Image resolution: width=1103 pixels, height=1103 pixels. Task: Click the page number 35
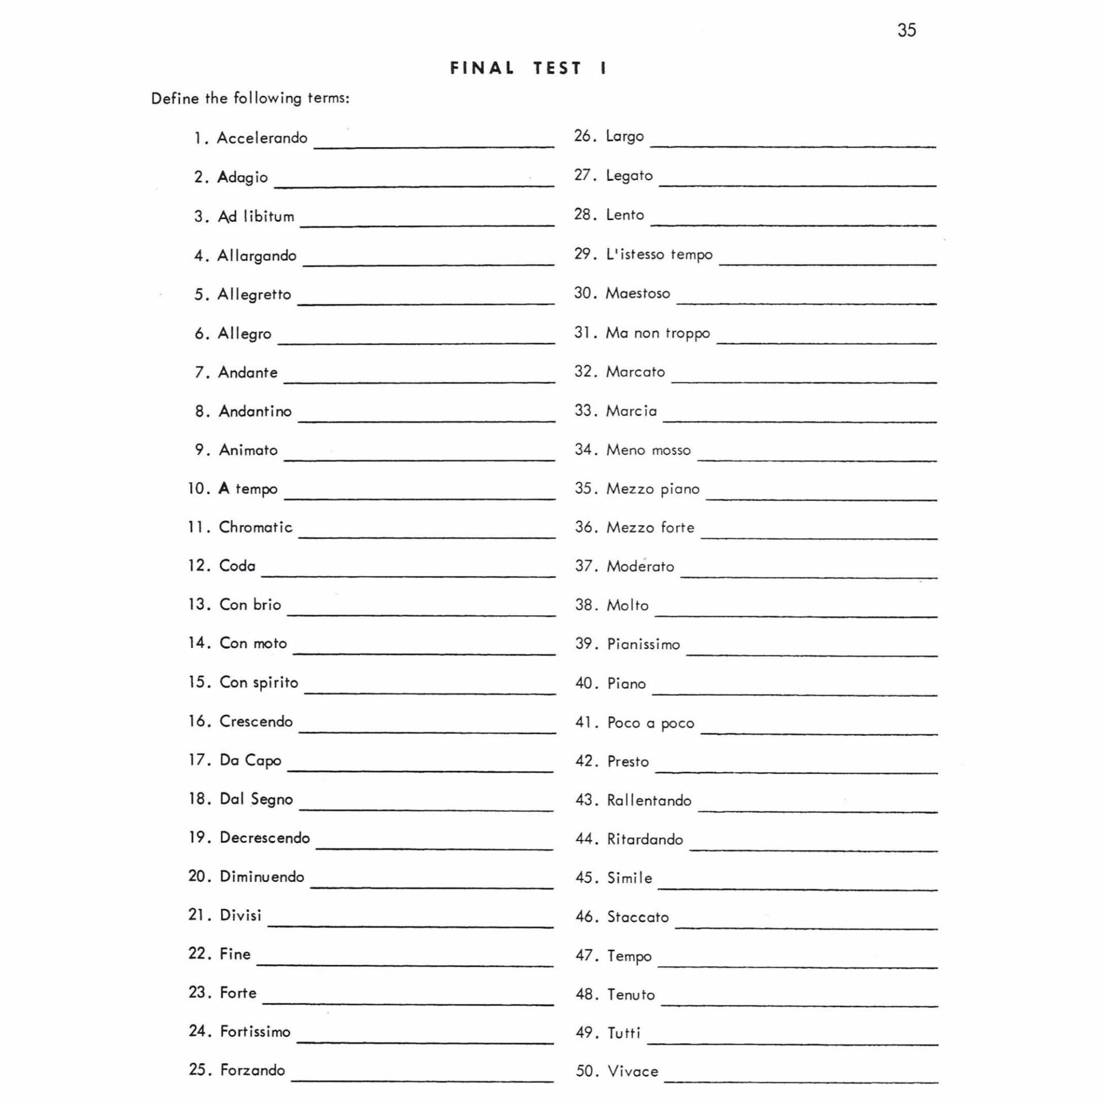(x=907, y=30)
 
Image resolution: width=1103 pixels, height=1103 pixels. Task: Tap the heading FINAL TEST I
(x=529, y=68)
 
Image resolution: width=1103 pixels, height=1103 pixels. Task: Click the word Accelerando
(x=262, y=138)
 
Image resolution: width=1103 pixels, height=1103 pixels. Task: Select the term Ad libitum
(x=256, y=217)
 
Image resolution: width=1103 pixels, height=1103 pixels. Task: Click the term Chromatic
(x=256, y=527)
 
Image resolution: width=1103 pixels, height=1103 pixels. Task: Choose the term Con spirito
(x=259, y=682)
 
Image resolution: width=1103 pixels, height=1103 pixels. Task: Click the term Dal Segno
(x=256, y=799)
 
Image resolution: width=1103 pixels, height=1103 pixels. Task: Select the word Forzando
(x=252, y=1070)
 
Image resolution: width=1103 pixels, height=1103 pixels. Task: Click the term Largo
(x=624, y=137)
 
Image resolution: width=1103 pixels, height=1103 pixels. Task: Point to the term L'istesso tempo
(x=659, y=254)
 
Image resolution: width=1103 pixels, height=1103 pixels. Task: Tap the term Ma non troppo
(x=658, y=333)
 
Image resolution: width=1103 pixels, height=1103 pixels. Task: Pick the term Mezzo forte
(x=650, y=527)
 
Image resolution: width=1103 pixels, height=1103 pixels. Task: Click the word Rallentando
(x=649, y=800)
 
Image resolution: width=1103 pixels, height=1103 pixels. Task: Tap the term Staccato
(x=638, y=917)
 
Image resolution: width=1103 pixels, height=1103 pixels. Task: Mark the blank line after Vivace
(x=801, y=1082)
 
